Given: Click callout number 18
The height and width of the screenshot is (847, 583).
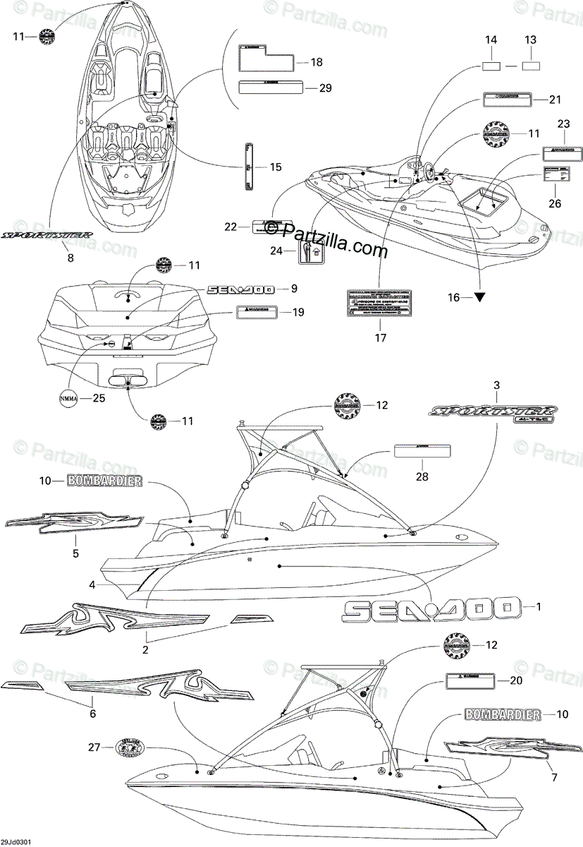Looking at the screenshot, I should (317, 62).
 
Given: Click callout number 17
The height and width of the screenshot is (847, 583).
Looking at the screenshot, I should (380, 337).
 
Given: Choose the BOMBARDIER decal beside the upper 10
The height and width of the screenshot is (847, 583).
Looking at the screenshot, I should (104, 481).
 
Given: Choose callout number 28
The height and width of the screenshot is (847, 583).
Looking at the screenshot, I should (422, 477).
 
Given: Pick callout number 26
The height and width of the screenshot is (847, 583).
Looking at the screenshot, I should (555, 204).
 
